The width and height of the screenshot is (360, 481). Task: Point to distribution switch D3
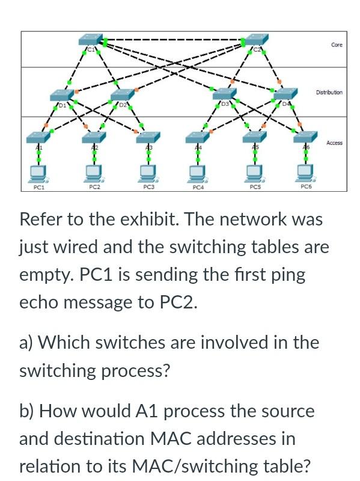click(223, 96)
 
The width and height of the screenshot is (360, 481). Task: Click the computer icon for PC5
click(254, 173)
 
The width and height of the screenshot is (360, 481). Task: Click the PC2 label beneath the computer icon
click(94, 187)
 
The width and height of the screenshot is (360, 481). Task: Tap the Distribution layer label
click(329, 93)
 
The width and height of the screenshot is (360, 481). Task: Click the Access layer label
click(334, 142)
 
